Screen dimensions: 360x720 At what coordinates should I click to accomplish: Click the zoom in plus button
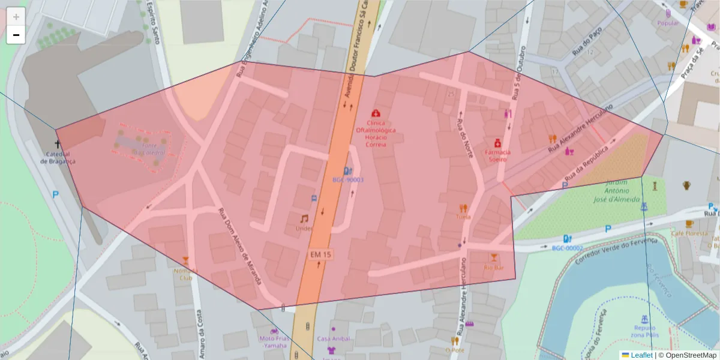pos(16,17)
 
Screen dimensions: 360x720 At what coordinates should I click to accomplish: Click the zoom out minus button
pos(16,35)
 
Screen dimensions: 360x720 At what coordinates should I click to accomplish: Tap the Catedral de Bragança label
pos(58,158)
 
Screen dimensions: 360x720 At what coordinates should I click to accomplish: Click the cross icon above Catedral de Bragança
pos(58,144)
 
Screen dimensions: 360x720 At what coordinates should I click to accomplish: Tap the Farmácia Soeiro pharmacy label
pos(497,156)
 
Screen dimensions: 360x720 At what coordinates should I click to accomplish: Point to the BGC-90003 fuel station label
pos(347,180)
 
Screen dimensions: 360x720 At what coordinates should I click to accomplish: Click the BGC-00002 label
pos(567,248)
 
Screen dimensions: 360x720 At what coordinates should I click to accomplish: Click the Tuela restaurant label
pos(463,217)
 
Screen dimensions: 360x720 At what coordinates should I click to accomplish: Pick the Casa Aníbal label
pos(333,338)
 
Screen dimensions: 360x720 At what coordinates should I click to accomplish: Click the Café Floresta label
pos(687,233)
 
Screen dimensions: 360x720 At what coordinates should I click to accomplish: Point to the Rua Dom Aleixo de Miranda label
pos(239,254)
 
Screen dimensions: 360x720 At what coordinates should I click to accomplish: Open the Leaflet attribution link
pos(641,355)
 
